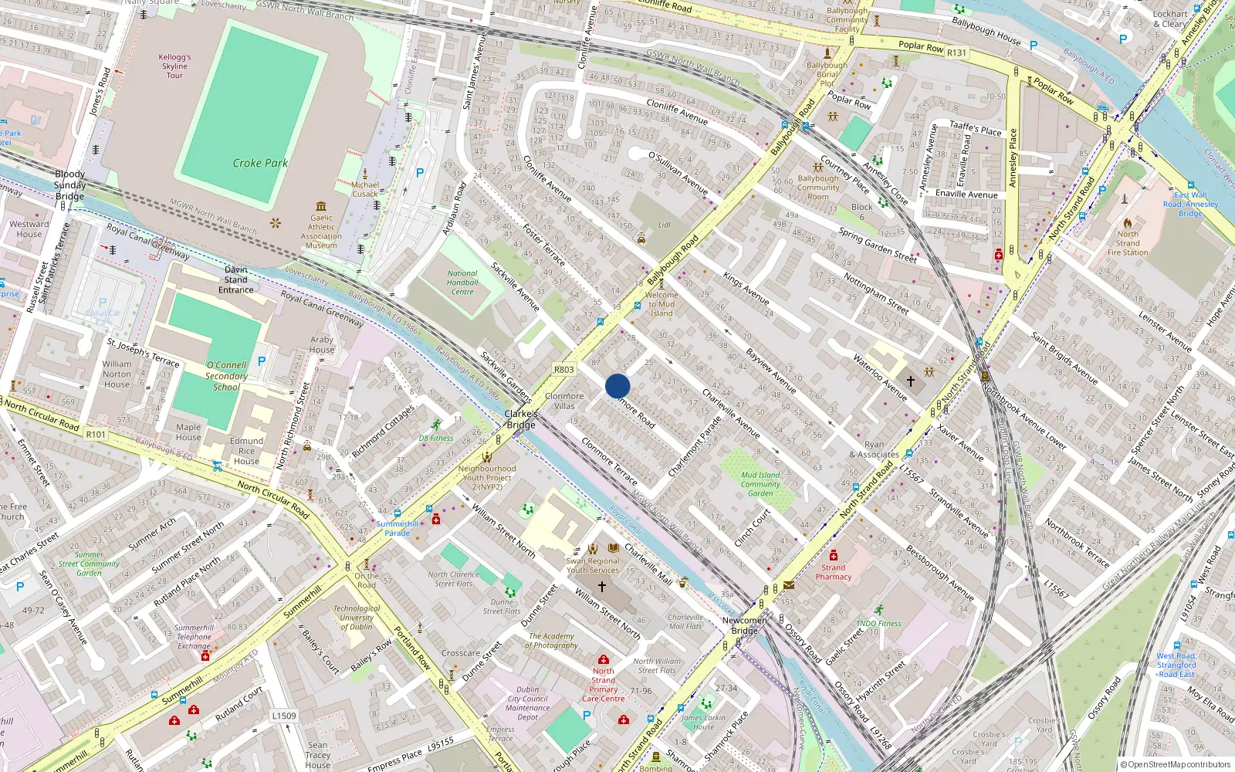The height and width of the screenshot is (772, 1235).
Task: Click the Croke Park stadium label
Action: [260, 163]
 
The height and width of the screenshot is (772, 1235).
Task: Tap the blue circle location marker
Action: [617, 386]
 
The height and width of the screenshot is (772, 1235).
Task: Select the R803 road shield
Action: [564, 370]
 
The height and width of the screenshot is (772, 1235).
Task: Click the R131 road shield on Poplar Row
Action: [956, 52]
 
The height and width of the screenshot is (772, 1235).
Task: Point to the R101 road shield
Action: [96, 435]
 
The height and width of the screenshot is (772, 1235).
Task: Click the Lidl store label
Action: [664, 225]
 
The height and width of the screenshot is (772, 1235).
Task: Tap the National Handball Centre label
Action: [462, 283]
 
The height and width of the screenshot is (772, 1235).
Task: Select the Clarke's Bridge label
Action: [521, 419]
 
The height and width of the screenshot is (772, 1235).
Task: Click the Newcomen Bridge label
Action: [744, 625]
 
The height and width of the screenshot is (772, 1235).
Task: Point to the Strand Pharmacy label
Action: [834, 572]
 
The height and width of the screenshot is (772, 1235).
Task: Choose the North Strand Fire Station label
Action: [1128, 243]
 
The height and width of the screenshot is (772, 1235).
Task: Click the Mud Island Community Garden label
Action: [760, 484]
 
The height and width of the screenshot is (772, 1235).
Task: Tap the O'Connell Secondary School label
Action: [226, 376]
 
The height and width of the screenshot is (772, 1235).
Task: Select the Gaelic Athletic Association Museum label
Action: [321, 232]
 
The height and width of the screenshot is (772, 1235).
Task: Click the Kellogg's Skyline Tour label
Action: [174, 66]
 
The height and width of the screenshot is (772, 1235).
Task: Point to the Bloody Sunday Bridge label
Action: [69, 185]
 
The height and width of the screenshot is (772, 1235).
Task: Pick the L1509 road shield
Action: [283, 716]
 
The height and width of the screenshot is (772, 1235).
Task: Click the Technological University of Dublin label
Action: [357, 618]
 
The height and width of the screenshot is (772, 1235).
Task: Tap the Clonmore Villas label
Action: [564, 401]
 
